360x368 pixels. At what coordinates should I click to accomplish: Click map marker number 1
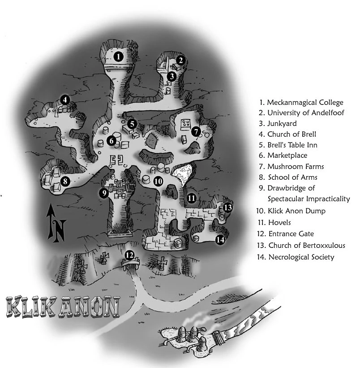coord(118,56)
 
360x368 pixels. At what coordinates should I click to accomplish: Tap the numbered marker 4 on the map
coord(65,100)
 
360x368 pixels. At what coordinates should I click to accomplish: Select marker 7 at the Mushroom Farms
coord(196,131)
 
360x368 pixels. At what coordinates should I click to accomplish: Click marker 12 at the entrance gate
coord(129,255)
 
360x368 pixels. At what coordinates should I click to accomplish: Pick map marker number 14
coord(219,239)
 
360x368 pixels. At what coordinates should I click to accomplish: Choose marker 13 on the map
coord(228,208)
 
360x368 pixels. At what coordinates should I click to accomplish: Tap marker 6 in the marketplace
coord(112,141)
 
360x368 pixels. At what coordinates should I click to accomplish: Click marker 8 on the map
coord(65,182)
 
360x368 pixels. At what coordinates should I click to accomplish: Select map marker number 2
coord(180,60)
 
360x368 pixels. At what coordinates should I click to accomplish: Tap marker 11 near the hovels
coord(192,197)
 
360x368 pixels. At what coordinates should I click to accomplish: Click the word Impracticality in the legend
coord(329,199)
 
